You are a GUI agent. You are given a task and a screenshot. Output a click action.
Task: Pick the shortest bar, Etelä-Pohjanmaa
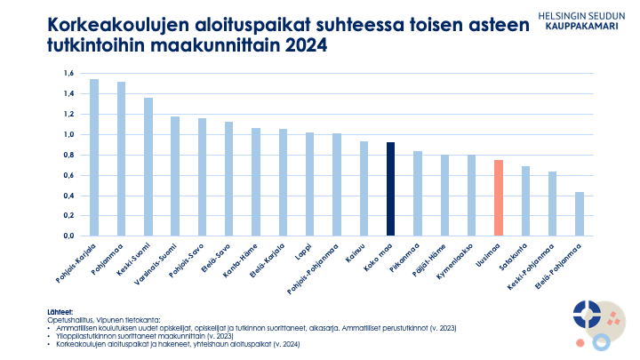pyautogui.click(x=580, y=214)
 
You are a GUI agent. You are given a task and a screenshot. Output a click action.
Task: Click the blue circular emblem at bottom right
pyautogui.click(x=587, y=313)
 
